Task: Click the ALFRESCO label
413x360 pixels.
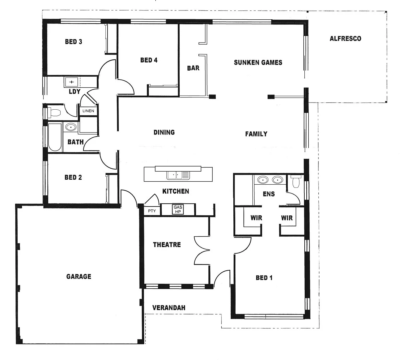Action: (345, 39)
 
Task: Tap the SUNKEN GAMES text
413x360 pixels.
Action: (258, 62)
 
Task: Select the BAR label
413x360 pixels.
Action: (193, 68)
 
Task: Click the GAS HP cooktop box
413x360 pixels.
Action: (178, 209)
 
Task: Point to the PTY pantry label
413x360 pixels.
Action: (152, 211)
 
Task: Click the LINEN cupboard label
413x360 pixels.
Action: (88, 111)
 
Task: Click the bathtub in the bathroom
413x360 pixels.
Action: (55, 137)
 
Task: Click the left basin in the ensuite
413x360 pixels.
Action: (263, 180)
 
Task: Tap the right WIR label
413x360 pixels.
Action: (287, 218)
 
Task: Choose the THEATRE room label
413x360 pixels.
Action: (167, 245)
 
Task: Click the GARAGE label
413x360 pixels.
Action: (79, 276)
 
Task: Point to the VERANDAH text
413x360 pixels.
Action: (169, 308)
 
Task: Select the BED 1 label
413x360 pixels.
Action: (264, 278)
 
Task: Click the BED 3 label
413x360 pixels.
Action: (73, 42)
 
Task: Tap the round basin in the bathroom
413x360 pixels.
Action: (70, 127)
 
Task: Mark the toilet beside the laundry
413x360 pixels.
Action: (54, 112)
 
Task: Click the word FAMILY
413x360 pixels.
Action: (256, 134)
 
